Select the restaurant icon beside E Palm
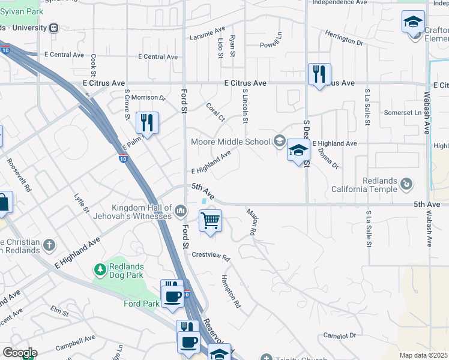(x=147, y=122)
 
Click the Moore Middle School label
(x=231, y=142)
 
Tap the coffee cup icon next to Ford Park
(x=172, y=296)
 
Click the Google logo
(x=20, y=353)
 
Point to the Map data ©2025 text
(x=423, y=355)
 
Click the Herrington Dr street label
(x=343, y=38)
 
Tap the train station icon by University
(x=55, y=28)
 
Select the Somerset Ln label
(x=403, y=113)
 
